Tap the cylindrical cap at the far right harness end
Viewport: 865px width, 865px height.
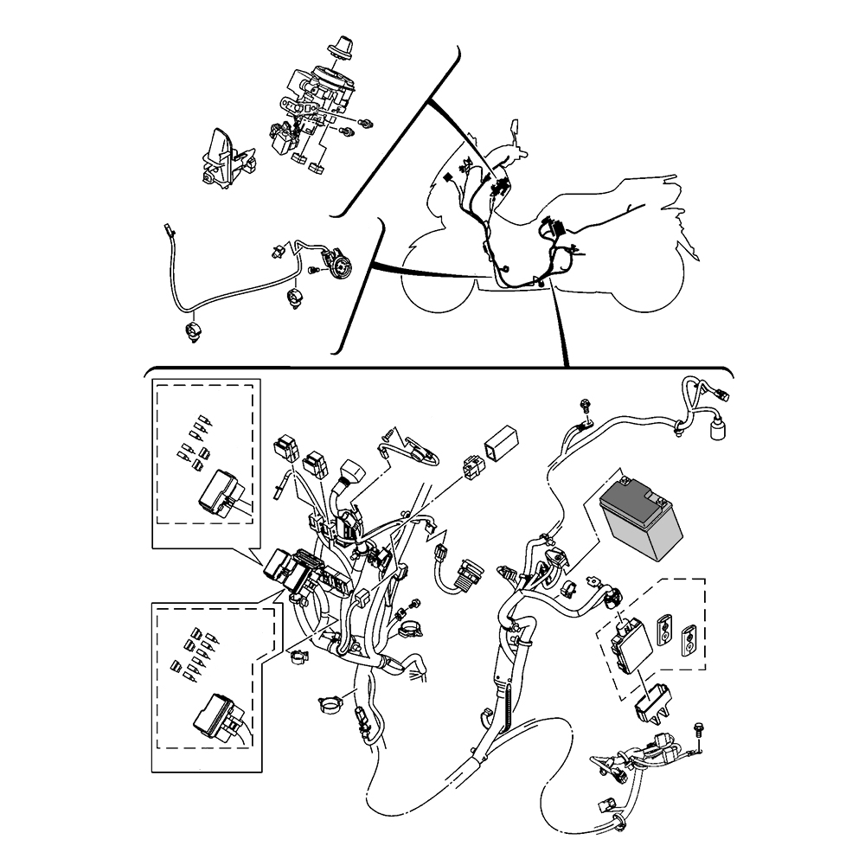point(716,431)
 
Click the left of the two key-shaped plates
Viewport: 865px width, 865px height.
point(665,628)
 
